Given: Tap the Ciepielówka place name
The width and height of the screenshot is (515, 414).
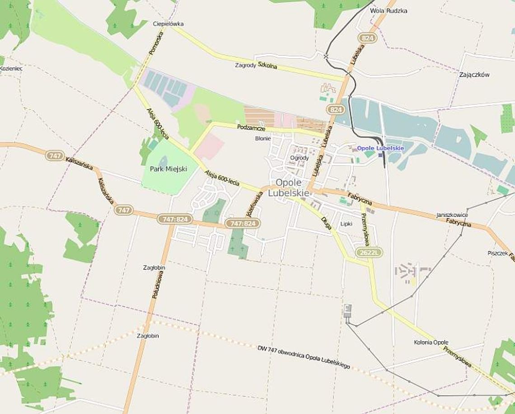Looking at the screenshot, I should tap(168, 24).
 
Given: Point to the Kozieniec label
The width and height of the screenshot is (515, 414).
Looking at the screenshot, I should tap(11, 68).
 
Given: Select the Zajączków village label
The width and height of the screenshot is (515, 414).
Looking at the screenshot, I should tap(474, 75).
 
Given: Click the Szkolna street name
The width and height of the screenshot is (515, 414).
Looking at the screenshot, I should tap(267, 66).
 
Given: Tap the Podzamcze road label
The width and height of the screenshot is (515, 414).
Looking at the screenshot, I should tap(251, 128).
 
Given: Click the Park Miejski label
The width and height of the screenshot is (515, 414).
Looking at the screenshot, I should tap(165, 169).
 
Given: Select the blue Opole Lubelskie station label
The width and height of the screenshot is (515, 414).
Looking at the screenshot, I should tap(380, 148).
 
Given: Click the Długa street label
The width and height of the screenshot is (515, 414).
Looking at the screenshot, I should tap(327, 224).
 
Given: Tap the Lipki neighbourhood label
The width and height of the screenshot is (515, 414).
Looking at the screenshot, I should tap(346, 224).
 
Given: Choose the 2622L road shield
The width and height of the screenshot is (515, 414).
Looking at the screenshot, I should tap(369, 252).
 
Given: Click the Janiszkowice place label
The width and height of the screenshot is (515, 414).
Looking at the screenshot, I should tap(452, 215).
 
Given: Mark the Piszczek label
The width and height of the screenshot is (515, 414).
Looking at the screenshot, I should tap(497, 253).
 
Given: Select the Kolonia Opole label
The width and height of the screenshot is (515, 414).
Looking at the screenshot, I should tap(431, 342).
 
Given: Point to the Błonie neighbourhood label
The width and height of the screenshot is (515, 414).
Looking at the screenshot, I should tap(263, 138).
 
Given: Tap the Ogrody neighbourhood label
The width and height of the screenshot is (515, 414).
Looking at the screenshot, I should tap(300, 158).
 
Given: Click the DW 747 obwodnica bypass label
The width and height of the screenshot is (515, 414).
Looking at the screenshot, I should tap(304, 357).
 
